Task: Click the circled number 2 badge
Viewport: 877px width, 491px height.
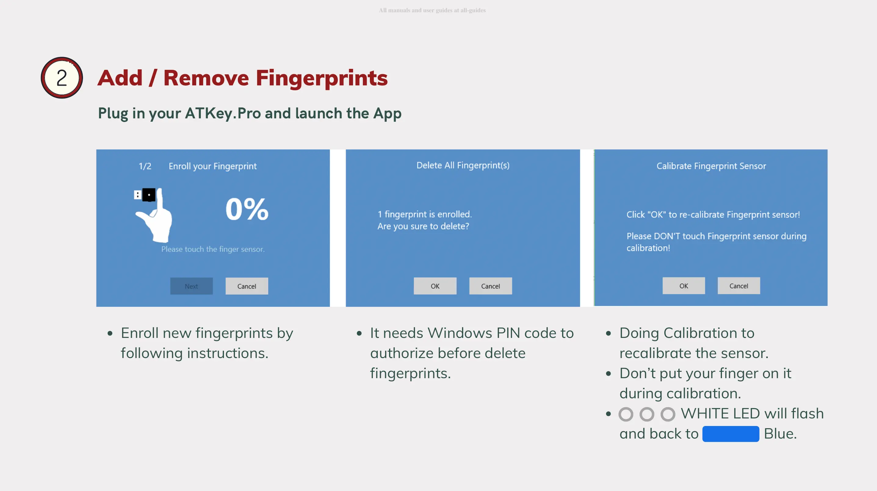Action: click(62, 77)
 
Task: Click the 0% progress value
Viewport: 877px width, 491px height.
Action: click(247, 209)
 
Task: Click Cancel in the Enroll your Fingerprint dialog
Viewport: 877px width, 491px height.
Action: click(247, 286)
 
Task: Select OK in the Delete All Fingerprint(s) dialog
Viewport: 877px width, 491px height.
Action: click(435, 286)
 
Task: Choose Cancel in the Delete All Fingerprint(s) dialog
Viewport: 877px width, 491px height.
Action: click(491, 286)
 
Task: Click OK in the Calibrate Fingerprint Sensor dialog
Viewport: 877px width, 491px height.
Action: click(684, 286)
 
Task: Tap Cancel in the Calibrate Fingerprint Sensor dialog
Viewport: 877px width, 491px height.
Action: click(739, 286)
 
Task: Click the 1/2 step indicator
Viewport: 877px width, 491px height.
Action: click(145, 166)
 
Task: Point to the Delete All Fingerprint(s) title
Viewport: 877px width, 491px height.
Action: click(463, 165)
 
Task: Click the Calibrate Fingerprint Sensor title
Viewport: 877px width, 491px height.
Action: click(711, 166)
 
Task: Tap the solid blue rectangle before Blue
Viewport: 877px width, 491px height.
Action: click(731, 434)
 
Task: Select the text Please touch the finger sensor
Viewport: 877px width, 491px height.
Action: click(213, 249)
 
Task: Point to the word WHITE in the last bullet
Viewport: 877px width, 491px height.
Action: click(704, 414)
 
